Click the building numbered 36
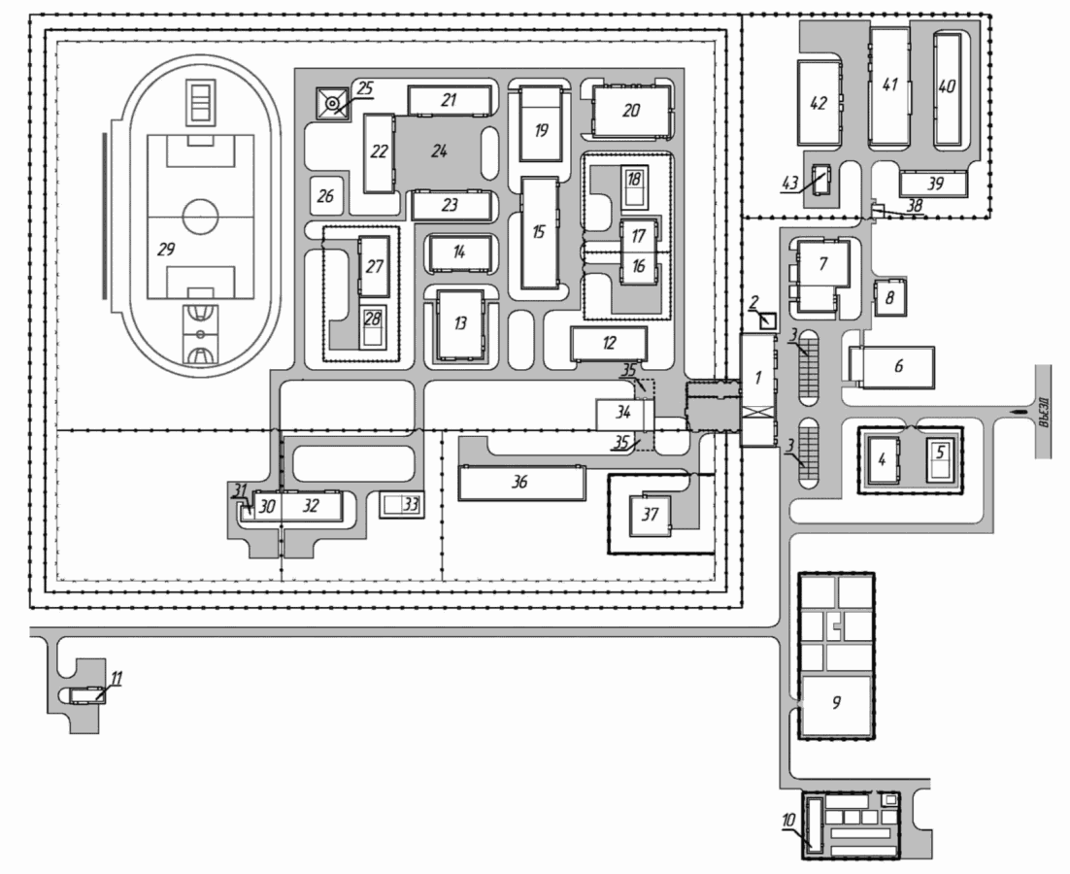point(522,483)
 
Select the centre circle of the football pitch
point(201,217)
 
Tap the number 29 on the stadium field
point(166,250)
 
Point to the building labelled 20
point(630,111)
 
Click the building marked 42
point(819,102)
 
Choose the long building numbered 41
point(889,86)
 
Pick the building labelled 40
point(947,88)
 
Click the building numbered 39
point(933,184)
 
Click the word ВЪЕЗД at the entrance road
point(1043,412)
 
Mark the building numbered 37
point(650,515)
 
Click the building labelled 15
point(540,233)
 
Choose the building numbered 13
point(460,324)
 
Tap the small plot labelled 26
point(325,196)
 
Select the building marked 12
point(609,343)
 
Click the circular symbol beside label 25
point(332,104)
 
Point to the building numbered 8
point(889,297)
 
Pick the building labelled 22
point(379,152)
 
